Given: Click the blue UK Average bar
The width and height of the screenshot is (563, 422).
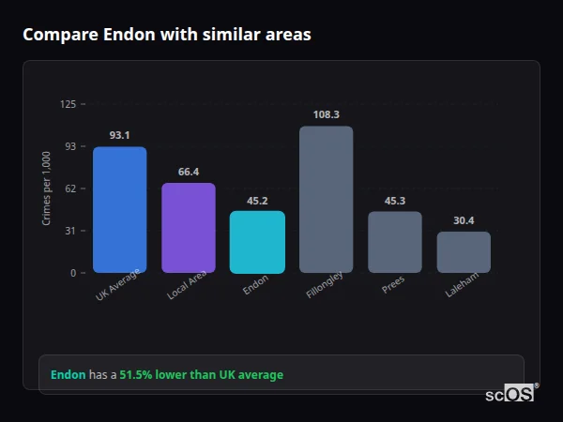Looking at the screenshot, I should tap(119, 210).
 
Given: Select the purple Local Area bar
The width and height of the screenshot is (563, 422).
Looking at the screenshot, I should tap(188, 228).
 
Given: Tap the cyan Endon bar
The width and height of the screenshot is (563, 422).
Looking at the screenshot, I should tap(257, 242).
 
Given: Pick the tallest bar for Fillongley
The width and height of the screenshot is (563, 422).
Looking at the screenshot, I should tap(326, 200).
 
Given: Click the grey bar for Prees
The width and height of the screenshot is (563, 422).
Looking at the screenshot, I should tap(394, 242).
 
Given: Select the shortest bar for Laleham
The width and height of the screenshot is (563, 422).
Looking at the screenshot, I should tap(464, 252).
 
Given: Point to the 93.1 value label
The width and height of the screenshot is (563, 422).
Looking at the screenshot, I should tap(119, 135).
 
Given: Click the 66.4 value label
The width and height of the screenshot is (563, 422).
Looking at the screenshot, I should tap(188, 172).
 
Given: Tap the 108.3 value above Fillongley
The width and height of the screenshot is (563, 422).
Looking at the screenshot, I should tap(326, 114).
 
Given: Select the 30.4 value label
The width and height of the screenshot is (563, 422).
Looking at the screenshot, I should tap(464, 220).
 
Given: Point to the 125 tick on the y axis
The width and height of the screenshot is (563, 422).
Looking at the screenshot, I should tap(68, 104).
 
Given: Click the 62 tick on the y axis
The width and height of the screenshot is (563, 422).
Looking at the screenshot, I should tap(70, 188).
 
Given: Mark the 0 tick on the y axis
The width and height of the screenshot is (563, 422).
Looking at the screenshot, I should tap(73, 273).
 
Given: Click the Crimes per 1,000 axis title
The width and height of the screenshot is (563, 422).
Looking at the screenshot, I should tap(46, 188).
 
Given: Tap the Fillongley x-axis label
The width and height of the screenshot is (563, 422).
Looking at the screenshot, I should tap(325, 287).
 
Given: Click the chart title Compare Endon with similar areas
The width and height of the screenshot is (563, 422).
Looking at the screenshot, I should tap(167, 35).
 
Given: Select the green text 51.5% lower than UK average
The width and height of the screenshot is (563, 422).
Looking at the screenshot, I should tap(201, 375).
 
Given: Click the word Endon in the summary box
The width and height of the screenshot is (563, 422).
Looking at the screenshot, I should tap(68, 375).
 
